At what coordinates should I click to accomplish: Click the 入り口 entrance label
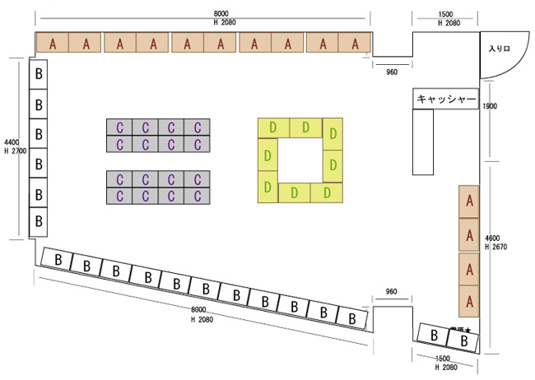pyautogui.click(x=500, y=51)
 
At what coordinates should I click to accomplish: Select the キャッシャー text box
pyautogui.click(x=446, y=100)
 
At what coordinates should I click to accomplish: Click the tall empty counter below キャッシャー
pyautogui.click(x=423, y=141)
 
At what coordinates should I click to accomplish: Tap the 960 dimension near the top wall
pyautogui.click(x=392, y=72)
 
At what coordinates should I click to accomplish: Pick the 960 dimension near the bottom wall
pyautogui.click(x=392, y=293)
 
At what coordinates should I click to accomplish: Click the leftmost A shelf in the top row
pyautogui.click(x=53, y=44)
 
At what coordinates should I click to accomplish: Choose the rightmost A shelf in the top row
pyautogui.click(x=356, y=44)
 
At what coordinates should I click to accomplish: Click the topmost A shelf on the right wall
pyautogui.click(x=469, y=201)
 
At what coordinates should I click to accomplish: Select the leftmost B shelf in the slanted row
pyautogui.click(x=58, y=260)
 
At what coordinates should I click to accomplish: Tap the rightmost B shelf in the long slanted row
pyautogui.click(x=352, y=317)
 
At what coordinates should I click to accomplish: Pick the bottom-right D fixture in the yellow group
pyautogui.click(x=328, y=192)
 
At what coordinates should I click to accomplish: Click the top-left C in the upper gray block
pyautogui.click(x=119, y=127)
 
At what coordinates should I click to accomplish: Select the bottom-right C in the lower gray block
pyautogui.click(x=198, y=195)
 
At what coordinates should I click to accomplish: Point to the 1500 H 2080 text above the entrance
pyautogui.click(x=445, y=19)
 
